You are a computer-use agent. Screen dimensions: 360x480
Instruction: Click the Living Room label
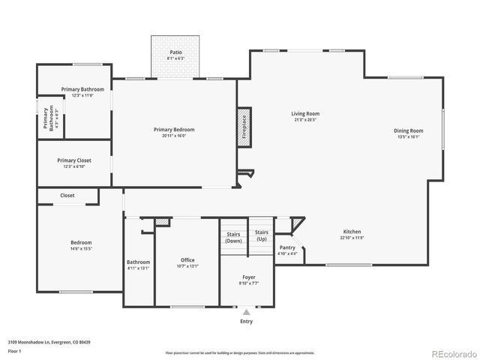(305, 113)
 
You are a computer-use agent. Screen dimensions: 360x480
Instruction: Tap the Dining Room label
(409, 130)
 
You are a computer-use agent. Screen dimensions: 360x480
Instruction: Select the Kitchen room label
(352, 232)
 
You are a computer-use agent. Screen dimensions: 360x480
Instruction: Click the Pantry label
(287, 247)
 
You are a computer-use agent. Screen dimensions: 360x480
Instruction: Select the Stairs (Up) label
(261, 235)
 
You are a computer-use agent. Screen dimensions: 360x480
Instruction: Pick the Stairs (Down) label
(234, 238)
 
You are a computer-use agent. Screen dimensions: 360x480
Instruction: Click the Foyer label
(248, 277)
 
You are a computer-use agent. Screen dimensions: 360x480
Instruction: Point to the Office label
(187, 260)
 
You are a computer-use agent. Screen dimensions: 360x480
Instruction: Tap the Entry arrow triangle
(246, 311)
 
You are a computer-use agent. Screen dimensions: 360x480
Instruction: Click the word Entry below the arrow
(246, 321)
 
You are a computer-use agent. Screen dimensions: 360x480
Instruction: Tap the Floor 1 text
(15, 350)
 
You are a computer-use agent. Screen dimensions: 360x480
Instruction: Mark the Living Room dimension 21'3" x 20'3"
(305, 119)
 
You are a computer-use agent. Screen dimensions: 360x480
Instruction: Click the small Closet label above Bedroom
(67, 195)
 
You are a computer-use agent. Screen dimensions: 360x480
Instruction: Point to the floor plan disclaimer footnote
(240, 352)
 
